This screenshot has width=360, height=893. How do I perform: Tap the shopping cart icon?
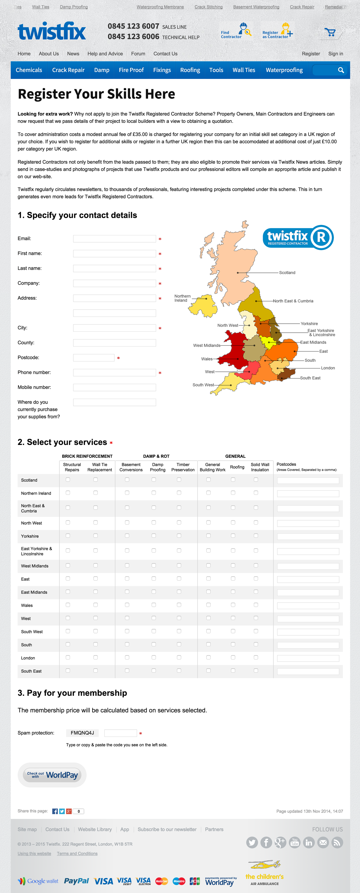coord(330,32)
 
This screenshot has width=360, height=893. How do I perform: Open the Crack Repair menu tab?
coord(68,70)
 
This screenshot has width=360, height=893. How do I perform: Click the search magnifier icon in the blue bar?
coord(341,70)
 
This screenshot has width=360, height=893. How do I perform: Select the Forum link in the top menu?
coord(138,54)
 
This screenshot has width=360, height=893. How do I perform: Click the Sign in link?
coord(335,54)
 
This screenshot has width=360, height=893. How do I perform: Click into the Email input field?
coord(114,239)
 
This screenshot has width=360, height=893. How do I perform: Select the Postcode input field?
coord(94,358)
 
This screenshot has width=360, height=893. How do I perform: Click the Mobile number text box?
coord(114,388)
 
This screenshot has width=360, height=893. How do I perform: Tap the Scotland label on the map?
coord(287,273)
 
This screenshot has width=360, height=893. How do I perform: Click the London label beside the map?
coord(328,368)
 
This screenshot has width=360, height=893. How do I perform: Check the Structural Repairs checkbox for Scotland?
coord(68,480)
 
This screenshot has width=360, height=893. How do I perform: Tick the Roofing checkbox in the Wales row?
coord(233,605)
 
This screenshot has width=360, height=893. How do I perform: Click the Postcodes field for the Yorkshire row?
coord(308,537)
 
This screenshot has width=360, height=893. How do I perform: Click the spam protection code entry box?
coord(120,733)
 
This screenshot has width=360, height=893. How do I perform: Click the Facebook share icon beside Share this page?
coord(55,811)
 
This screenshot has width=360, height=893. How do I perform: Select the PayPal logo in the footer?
coord(76,881)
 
